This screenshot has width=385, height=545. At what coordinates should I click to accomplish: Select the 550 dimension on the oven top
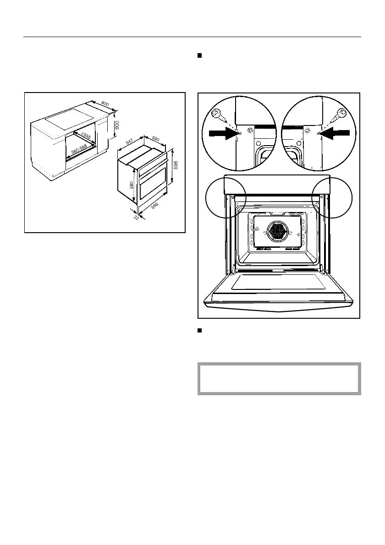155,138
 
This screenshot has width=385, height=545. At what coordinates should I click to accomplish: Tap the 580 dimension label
132,185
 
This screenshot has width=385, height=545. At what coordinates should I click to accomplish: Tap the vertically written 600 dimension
117,125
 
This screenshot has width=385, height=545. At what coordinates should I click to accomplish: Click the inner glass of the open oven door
278,283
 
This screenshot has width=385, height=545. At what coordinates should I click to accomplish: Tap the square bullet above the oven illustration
199,55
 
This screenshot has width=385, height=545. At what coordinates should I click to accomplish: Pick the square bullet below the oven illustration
199,330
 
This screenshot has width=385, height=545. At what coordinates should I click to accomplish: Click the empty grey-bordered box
279,379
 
